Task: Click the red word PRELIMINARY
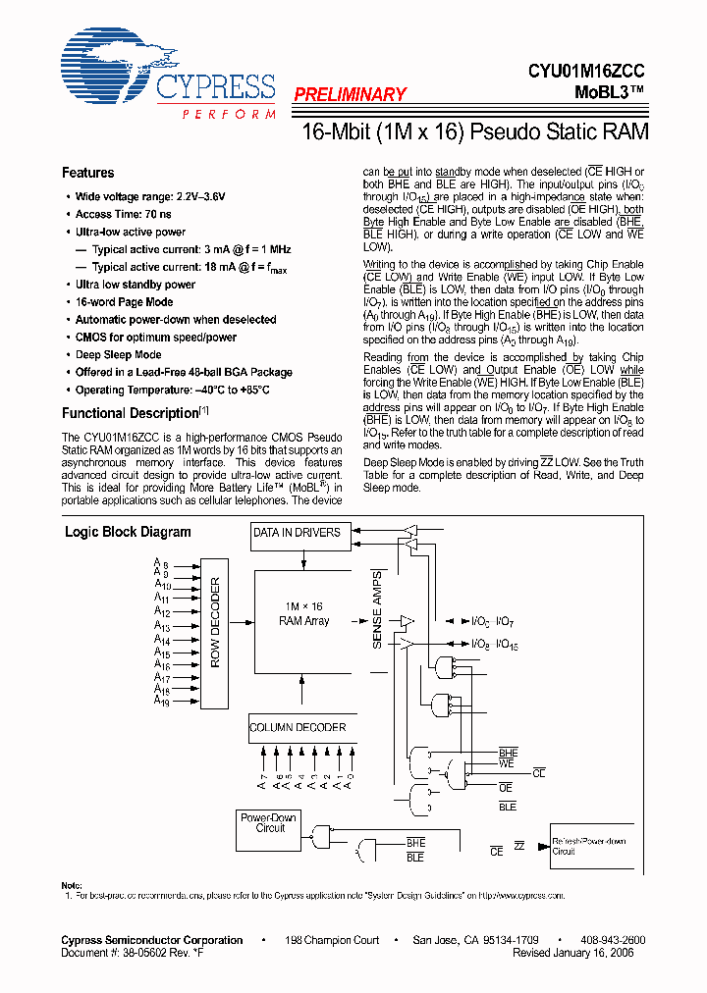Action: pyautogui.click(x=350, y=95)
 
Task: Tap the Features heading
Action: pyautogui.click(x=87, y=173)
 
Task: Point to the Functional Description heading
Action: pyautogui.click(x=131, y=413)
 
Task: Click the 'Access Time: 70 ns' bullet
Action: pyautogui.click(x=123, y=214)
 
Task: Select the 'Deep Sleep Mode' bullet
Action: pyautogui.click(x=118, y=355)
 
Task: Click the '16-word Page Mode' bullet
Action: pyautogui.click(x=124, y=302)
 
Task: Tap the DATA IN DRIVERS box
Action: pyautogui.click(x=297, y=533)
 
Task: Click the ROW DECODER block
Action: pyautogui.click(x=216, y=622)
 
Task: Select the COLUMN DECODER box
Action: pyautogui.click(x=298, y=727)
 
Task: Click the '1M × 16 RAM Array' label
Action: pyautogui.click(x=303, y=614)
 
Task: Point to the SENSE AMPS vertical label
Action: pyautogui.click(x=377, y=608)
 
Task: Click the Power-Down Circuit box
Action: pyautogui.click(x=268, y=830)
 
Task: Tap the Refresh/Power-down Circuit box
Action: pyautogui.click(x=587, y=847)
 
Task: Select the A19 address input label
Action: pyautogui.click(x=162, y=703)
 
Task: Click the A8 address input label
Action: pyautogui.click(x=162, y=563)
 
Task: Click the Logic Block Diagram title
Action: pyautogui.click(x=128, y=533)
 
